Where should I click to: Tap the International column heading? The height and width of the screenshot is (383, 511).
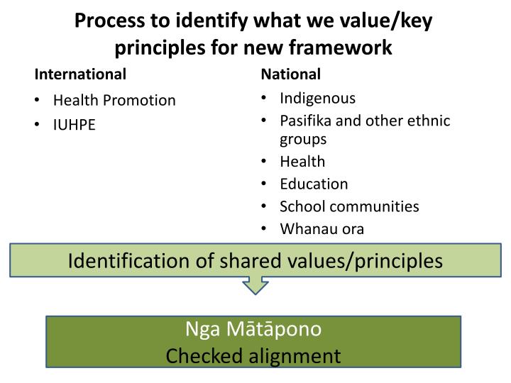(x=81, y=74)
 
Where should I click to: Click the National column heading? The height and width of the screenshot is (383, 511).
(x=291, y=74)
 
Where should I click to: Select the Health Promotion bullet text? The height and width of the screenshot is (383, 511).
(x=114, y=100)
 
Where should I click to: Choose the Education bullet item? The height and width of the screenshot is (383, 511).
(x=314, y=184)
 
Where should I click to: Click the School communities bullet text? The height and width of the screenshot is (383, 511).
(x=349, y=206)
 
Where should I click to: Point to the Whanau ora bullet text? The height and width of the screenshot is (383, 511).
(x=322, y=229)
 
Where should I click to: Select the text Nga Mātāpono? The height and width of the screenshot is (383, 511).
(x=254, y=329)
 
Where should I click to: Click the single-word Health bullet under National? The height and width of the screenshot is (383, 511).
(x=302, y=161)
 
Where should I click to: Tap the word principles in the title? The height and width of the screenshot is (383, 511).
(x=158, y=48)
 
